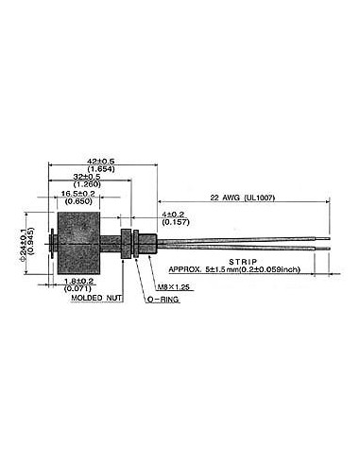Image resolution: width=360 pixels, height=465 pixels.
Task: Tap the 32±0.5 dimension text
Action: click(x=87, y=176)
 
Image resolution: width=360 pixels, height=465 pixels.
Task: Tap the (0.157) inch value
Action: click(x=175, y=222)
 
